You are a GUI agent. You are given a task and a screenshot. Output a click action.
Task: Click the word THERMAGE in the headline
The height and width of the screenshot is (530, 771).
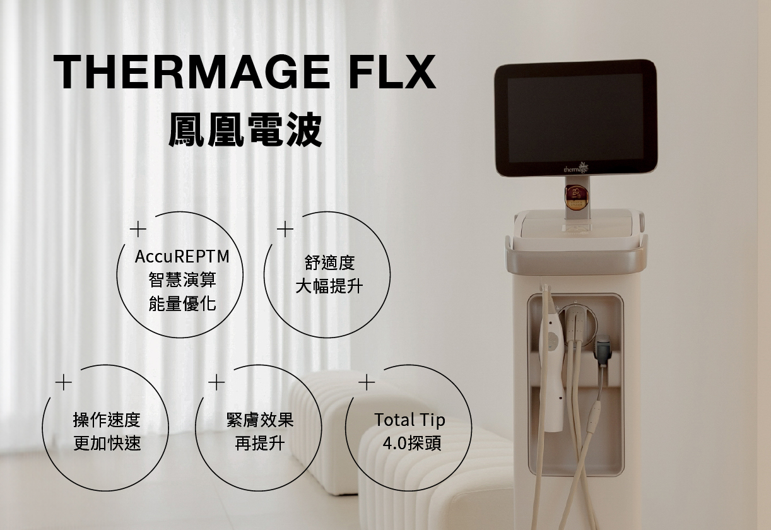[191, 73]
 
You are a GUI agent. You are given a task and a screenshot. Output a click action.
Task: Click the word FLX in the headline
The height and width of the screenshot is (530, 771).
[392, 73]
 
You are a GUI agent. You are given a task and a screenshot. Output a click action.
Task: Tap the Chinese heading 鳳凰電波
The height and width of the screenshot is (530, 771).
[245, 130]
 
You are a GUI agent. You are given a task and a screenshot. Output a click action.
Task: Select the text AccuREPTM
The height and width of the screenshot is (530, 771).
[182, 256]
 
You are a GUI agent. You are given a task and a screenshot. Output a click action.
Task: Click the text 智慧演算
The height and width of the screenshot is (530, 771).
[182, 280]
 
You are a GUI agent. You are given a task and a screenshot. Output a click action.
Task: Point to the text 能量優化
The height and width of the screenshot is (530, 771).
[182, 303]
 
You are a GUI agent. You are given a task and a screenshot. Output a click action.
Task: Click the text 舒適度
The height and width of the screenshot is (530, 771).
[329, 262]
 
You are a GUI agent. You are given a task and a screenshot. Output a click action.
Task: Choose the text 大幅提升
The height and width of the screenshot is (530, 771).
[329, 286]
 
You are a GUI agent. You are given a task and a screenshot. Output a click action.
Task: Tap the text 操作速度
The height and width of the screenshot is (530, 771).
[107, 420]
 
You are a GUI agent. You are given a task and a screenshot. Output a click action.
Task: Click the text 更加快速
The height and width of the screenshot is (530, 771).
[107, 444]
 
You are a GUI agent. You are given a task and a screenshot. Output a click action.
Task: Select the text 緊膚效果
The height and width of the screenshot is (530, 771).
[260, 420]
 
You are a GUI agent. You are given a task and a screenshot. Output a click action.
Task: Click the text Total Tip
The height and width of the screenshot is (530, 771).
[409, 420]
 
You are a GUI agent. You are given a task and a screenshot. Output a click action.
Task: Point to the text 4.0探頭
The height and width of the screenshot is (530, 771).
[411, 444]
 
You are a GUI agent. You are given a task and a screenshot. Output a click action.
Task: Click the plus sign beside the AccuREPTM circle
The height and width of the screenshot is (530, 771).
[138, 229]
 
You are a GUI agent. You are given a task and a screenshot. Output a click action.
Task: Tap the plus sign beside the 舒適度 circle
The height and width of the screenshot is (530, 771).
[285, 229]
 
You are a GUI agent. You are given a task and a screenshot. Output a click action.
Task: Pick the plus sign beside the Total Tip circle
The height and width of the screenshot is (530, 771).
[367, 382]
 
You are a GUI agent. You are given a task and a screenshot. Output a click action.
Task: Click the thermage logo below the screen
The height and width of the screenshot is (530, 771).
[576, 168]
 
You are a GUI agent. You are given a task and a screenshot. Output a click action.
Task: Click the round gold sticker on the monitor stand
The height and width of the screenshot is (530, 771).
[577, 197]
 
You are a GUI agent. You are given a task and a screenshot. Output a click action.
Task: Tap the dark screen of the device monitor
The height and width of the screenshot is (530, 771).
[575, 118]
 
